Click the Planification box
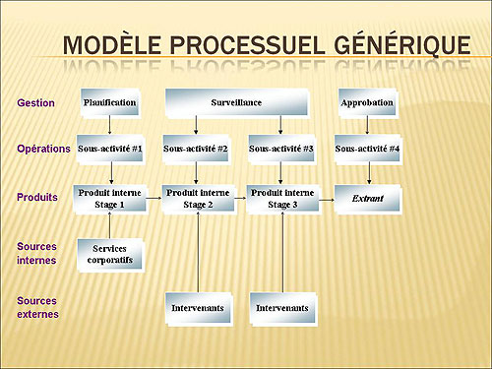click(110, 102)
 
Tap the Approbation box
click(367, 102)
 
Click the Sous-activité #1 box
click(110, 149)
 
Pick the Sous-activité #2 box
click(197, 149)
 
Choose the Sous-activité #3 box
click(281, 149)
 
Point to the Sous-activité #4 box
click(367, 149)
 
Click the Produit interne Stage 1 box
click(110, 199)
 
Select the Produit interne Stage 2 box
click(197, 199)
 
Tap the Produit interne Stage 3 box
click(281, 199)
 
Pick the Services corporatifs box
click(110, 254)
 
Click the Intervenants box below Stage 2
click(197, 308)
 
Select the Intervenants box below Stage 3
click(281, 308)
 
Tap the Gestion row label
click(35, 102)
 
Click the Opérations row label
click(44, 150)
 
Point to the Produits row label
click(38, 198)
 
